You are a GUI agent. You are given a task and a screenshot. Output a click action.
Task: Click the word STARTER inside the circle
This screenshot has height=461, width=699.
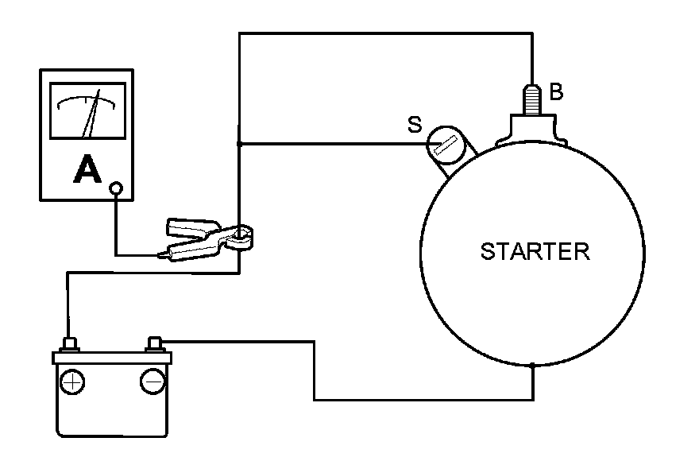535,252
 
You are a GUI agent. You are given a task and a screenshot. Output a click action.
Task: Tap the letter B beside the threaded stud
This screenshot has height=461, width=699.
556,92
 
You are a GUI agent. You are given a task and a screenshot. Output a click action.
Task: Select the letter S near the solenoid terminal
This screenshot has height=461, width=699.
413,124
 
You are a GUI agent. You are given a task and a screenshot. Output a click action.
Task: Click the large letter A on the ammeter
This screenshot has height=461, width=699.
87,169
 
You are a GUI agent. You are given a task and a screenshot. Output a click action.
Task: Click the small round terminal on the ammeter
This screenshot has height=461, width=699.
117,188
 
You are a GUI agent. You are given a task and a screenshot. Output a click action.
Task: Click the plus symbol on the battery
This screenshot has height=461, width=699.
72,382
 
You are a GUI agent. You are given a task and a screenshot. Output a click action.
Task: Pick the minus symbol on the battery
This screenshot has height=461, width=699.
152,382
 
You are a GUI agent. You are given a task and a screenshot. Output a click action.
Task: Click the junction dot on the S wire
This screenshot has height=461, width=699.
239,144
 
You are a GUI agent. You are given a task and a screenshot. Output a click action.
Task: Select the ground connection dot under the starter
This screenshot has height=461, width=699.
532,366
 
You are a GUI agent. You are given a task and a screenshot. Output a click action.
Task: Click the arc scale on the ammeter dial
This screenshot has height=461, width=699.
87,99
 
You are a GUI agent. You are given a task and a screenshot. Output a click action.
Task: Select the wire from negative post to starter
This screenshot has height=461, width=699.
315,374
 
